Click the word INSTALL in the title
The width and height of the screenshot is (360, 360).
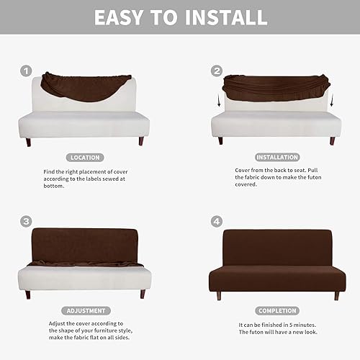[x=230, y=17]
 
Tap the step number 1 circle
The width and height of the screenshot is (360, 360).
[x=26, y=71]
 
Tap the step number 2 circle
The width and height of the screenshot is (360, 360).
[x=217, y=71]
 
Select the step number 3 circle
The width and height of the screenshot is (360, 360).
[x=26, y=222]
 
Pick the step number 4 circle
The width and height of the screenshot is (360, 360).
[x=217, y=222]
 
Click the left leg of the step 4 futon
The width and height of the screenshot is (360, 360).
[x=218, y=295]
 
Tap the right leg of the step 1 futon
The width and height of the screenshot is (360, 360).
[x=141, y=141]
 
